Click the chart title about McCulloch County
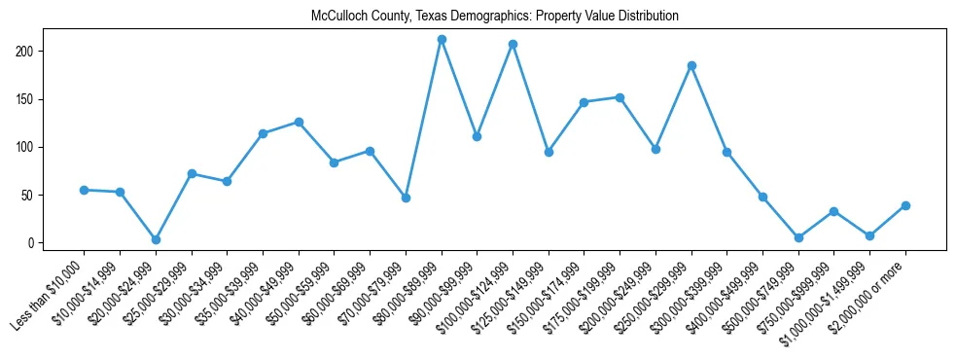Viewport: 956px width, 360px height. (494, 17)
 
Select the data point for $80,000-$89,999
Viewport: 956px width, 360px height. (442, 40)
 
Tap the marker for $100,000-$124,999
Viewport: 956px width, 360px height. (513, 45)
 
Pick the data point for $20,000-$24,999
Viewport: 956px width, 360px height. (156, 239)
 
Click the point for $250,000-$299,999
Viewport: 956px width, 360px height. (691, 66)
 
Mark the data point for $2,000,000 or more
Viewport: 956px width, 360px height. (905, 205)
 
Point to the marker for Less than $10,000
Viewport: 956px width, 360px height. (85, 190)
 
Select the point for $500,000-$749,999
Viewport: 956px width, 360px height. (798, 237)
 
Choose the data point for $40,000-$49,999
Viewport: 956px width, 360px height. (299, 122)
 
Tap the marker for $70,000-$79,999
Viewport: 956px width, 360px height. (406, 198)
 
